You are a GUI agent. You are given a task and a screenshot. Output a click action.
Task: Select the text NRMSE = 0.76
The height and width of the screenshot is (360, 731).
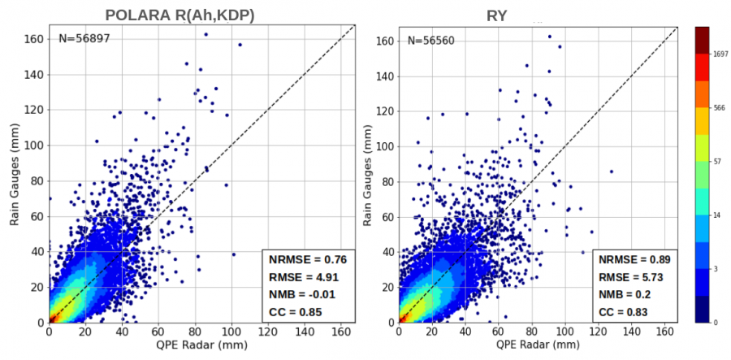(307, 260)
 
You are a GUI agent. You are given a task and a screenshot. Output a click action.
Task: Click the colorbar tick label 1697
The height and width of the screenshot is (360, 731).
(720, 58)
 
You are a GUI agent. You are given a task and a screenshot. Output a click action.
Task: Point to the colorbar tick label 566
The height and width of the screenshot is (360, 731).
(718, 107)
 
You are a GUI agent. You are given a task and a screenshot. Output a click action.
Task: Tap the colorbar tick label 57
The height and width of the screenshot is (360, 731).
(717, 162)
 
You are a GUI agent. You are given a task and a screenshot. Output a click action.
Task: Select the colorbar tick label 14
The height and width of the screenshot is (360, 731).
(717, 215)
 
